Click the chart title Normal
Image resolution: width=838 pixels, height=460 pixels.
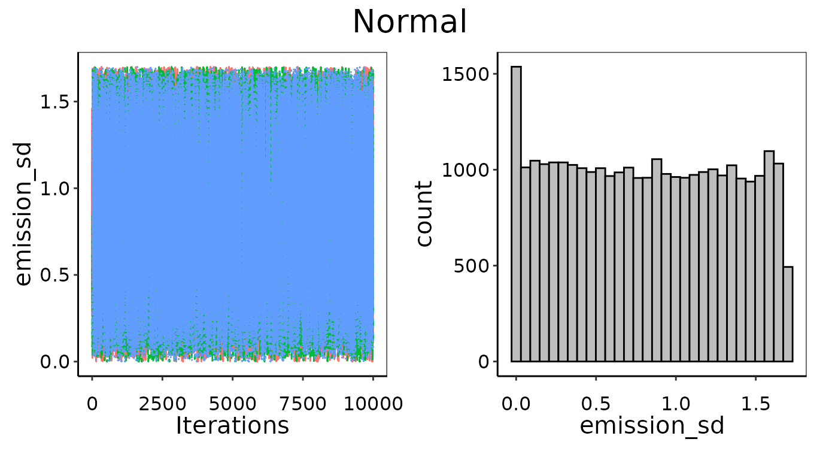point(409,22)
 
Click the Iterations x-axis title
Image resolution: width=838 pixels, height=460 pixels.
point(232,425)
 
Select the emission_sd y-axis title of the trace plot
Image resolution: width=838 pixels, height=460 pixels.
point(23,214)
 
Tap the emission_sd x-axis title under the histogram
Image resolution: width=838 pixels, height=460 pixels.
point(652,425)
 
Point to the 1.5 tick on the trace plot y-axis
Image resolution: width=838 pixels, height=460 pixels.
point(57,102)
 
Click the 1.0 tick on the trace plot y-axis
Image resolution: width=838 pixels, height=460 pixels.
point(57,189)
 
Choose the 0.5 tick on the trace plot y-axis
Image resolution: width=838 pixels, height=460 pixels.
point(57,276)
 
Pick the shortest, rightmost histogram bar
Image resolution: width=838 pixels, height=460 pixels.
point(788,314)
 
